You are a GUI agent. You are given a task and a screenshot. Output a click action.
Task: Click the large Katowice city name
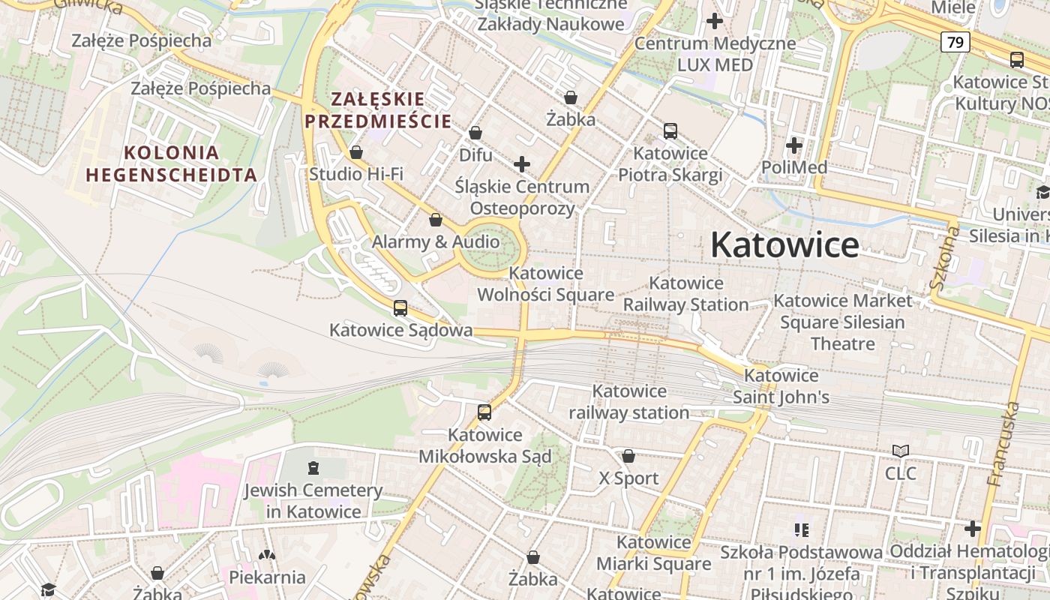[784, 244]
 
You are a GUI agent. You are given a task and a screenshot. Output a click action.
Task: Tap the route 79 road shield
[955, 42]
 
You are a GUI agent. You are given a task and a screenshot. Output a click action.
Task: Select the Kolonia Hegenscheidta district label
[172, 163]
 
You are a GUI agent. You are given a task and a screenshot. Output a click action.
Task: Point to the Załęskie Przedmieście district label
[378, 109]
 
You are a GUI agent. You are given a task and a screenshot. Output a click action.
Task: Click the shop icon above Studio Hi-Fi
[356, 152]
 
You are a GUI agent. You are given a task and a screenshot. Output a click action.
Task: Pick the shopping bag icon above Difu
[475, 133]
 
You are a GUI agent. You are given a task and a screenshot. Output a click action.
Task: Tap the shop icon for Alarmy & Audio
[436, 220]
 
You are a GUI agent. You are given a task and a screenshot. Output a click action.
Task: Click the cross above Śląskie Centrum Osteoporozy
[522, 163]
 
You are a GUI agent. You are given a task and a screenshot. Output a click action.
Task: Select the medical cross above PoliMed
[794, 145]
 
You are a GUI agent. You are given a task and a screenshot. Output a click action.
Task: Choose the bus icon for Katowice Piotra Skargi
[670, 131]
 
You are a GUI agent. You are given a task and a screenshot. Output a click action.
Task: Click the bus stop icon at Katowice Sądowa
[400, 307]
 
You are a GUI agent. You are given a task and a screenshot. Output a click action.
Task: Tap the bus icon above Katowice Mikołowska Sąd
[484, 412]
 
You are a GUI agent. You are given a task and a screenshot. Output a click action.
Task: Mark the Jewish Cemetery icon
[313, 468]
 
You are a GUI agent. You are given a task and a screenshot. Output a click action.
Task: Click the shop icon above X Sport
[628, 456]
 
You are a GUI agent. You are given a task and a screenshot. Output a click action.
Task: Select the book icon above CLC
[900, 451]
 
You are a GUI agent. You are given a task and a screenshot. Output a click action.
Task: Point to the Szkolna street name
[943, 259]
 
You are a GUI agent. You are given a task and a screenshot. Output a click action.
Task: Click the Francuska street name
[1003, 444]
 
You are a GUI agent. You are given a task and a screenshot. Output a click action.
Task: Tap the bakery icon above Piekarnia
[267, 555]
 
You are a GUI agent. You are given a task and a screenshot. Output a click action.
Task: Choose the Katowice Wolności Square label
[546, 284]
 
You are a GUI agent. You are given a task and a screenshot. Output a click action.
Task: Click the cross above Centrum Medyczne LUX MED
[715, 21]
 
